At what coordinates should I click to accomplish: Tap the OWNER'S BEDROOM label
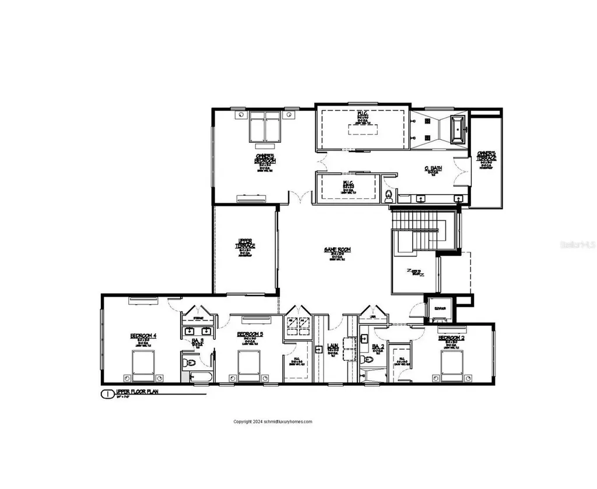pyautogui.click(x=265, y=156)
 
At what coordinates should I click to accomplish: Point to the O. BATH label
pyautogui.click(x=433, y=169)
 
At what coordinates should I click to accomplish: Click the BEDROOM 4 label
pyautogui.click(x=143, y=336)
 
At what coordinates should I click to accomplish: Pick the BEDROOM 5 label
pyautogui.click(x=250, y=335)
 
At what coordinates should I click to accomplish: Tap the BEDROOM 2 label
pyautogui.click(x=451, y=338)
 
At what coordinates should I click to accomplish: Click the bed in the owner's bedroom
pyautogui.click(x=265, y=128)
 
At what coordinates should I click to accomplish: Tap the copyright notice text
pyautogui.click(x=273, y=422)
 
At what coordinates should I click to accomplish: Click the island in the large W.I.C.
pyautogui.click(x=361, y=128)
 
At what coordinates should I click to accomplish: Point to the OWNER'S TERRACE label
pyautogui.click(x=486, y=158)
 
